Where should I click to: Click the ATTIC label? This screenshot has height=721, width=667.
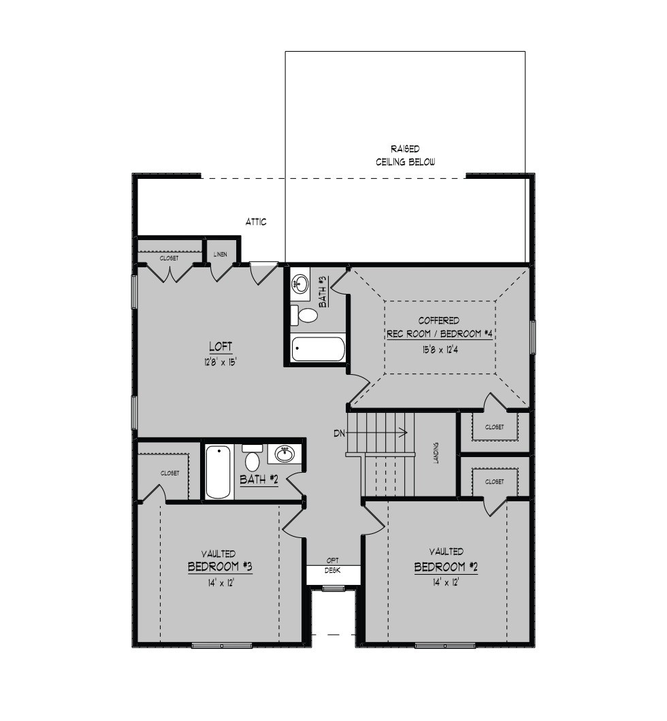(x=256, y=222)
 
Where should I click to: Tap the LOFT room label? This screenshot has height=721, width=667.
(x=221, y=346)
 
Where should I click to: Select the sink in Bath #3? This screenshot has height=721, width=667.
(x=301, y=283)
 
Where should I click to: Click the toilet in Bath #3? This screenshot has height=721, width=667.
(x=304, y=316)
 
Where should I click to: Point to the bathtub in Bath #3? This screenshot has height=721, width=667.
(x=319, y=349)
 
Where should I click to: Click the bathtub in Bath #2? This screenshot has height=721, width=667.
(x=218, y=471)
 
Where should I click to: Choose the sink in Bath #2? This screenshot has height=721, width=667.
(x=284, y=454)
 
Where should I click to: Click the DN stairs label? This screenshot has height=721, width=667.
(x=339, y=433)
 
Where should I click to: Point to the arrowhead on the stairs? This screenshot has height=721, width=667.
(x=404, y=432)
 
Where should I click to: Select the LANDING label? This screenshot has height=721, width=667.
(x=436, y=453)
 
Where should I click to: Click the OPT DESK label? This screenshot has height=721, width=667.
(x=333, y=566)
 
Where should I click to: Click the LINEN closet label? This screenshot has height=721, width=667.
(x=221, y=254)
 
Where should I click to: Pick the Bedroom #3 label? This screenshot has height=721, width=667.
(x=220, y=567)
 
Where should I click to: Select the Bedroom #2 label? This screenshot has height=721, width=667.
(x=446, y=567)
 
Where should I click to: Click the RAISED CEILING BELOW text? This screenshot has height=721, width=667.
(x=405, y=155)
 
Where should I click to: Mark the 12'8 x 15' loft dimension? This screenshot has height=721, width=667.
(x=221, y=363)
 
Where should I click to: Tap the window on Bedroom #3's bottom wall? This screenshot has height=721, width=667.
(x=222, y=645)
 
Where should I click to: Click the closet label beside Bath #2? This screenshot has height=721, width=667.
(x=169, y=473)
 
